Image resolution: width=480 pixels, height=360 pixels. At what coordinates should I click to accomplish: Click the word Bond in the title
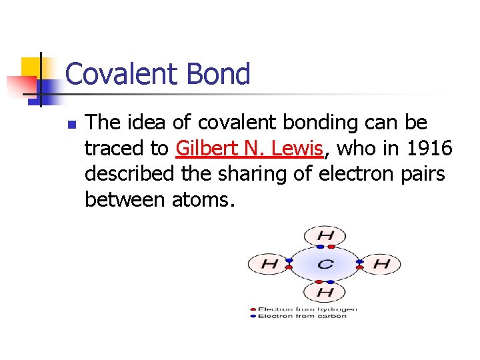tap(220, 74)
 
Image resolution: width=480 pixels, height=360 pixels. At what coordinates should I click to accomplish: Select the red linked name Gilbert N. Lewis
tap(250, 147)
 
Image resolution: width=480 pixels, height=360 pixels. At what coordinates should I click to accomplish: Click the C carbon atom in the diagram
tap(325, 264)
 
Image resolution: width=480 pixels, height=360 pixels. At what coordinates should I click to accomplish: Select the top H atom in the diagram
tap(325, 235)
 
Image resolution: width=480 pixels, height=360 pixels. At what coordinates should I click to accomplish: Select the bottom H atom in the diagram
tap(325, 292)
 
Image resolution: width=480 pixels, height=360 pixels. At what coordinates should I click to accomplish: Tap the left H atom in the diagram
tap(269, 264)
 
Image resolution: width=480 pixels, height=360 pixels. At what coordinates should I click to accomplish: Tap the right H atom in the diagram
tap(381, 264)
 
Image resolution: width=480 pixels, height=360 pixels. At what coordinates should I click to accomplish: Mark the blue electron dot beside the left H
tap(289, 260)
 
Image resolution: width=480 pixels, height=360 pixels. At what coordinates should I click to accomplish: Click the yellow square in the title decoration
tap(31, 67)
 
